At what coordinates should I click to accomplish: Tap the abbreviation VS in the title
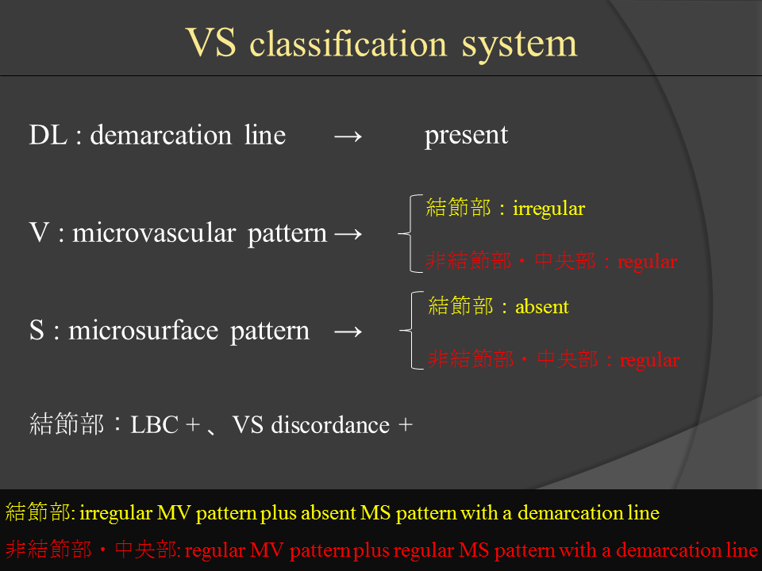click(211, 42)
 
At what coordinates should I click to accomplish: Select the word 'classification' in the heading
click(348, 43)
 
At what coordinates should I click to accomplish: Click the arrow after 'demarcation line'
click(348, 137)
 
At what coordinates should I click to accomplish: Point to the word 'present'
click(466, 136)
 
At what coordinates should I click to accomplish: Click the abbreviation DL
click(48, 135)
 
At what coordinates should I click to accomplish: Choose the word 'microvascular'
click(154, 233)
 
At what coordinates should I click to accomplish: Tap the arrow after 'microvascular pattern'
click(348, 235)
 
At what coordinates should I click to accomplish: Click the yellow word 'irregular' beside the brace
click(548, 209)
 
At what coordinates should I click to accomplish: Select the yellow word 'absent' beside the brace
click(542, 307)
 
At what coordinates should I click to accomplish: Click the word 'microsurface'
click(144, 331)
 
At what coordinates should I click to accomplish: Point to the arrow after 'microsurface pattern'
click(348, 332)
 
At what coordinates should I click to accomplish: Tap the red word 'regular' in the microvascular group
click(647, 263)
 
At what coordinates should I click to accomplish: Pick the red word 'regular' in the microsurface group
click(649, 361)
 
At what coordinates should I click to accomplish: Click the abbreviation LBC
click(155, 425)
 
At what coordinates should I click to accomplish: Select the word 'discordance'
click(330, 425)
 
